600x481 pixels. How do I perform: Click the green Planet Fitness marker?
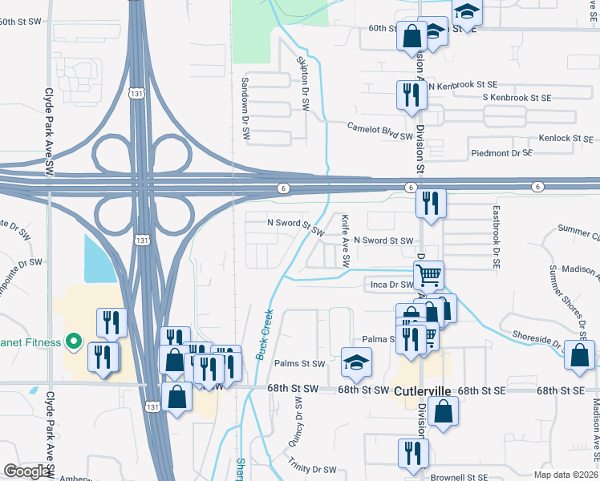[x=74, y=343]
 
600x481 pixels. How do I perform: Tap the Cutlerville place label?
[x=424, y=391]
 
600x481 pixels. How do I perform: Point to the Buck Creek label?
[x=265, y=334]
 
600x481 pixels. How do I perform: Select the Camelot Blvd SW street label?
[x=379, y=131]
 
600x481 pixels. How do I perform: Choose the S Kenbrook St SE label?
[x=517, y=98]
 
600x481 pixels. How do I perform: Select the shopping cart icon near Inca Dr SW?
[x=430, y=275]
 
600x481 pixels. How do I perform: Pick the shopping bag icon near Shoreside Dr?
[x=579, y=354]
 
